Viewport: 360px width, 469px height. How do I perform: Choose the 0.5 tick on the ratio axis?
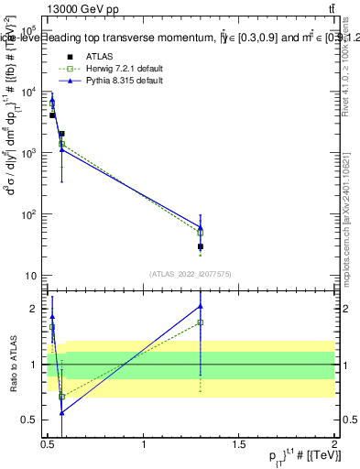coord(31,420)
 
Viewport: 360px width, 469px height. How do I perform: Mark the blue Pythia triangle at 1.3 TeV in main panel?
coord(201,227)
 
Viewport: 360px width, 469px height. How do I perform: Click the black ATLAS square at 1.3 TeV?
coord(201,246)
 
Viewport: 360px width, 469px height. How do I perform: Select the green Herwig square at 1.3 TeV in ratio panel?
coord(201,322)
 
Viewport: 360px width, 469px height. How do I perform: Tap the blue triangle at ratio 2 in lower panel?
coord(201,306)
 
